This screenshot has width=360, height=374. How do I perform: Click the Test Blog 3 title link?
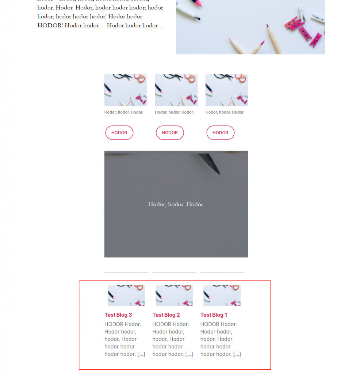(x=118, y=315)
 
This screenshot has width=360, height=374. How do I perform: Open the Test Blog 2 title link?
(x=166, y=315)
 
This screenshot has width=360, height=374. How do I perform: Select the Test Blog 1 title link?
(x=214, y=315)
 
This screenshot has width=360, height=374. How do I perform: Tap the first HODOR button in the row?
(x=119, y=133)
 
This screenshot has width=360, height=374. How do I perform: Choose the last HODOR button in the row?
(x=221, y=133)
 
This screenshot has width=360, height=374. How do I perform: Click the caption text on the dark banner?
(x=176, y=204)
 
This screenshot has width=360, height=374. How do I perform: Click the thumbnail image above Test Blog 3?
(x=126, y=295)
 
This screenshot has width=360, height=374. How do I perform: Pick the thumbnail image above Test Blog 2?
(x=174, y=295)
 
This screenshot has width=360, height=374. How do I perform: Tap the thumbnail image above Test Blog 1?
(x=222, y=295)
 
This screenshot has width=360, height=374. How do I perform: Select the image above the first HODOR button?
(x=126, y=90)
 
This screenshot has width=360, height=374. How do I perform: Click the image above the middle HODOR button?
(x=176, y=90)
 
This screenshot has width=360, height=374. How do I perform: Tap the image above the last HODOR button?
(x=227, y=90)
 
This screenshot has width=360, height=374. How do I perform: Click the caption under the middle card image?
(x=174, y=112)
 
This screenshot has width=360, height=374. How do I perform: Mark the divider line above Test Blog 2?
(x=174, y=272)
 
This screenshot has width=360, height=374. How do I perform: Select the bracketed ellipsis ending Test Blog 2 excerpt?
(x=189, y=354)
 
